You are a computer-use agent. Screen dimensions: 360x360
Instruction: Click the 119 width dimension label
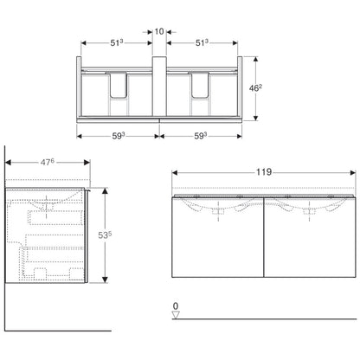coord(264,172)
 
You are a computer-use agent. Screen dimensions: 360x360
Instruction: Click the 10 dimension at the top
coord(159,31)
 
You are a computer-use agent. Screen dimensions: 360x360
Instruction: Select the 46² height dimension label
coord(255,88)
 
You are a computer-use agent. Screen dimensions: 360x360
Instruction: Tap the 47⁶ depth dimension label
coord(48,162)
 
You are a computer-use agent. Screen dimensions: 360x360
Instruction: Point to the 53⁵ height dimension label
coord(105,235)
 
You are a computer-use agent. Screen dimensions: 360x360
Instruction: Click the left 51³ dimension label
coord(117,42)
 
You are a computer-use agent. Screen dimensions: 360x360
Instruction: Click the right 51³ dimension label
coord(202,42)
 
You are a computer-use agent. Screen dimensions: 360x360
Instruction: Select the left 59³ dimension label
coord(119,136)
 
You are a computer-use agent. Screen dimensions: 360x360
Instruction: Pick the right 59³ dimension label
coord(201,136)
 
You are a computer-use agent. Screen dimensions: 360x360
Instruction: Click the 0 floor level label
coord(176,305)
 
